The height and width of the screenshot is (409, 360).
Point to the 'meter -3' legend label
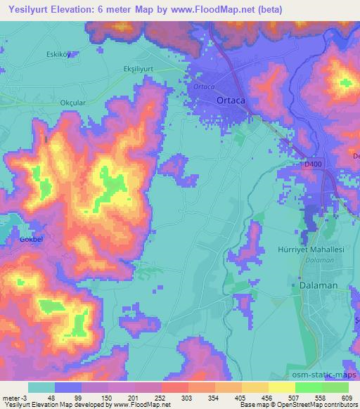pyautogui.click(x=14, y=397)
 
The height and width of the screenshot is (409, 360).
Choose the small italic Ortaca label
pyautogui.click(x=203, y=87)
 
